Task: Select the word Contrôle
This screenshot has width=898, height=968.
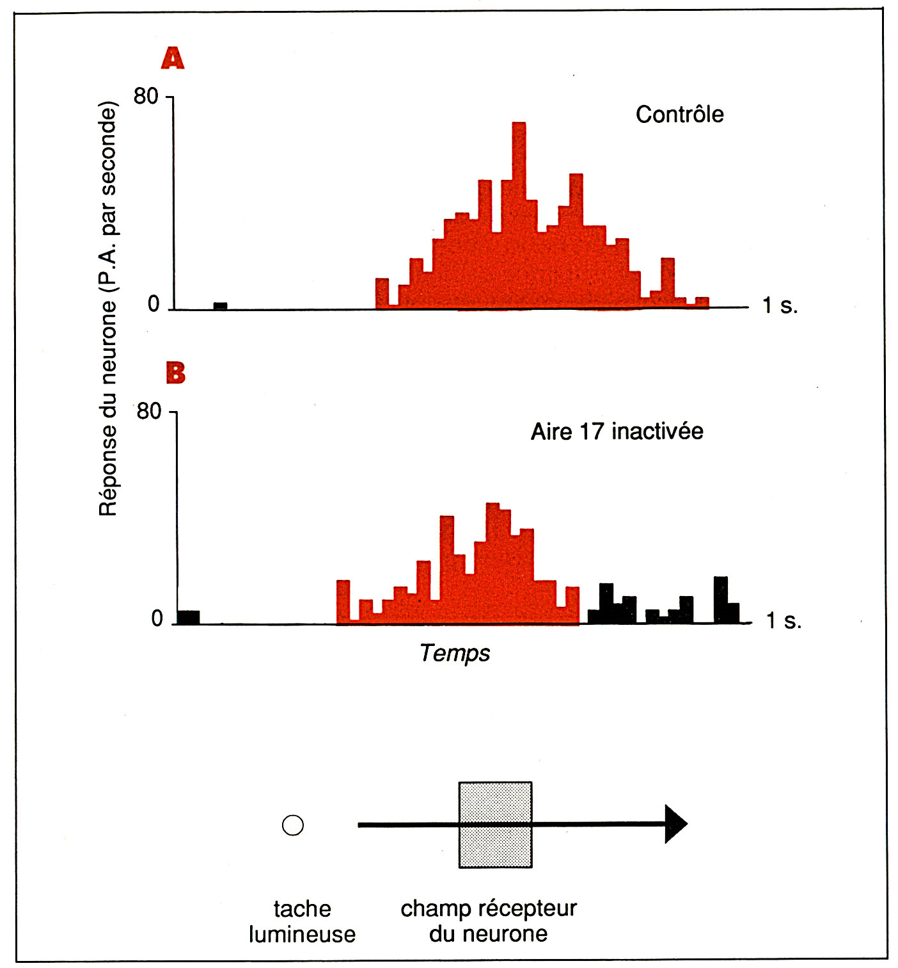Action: coord(679,115)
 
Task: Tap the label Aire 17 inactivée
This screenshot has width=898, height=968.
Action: coord(617,432)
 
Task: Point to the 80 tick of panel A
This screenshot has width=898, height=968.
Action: coord(146,97)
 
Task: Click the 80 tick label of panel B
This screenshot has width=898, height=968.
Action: coord(149,411)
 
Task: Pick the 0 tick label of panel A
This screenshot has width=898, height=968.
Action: coord(154,304)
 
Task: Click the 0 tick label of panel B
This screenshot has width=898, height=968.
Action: coord(157,618)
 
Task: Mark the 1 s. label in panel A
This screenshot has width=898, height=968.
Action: coord(780,306)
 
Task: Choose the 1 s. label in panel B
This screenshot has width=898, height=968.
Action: coord(784,620)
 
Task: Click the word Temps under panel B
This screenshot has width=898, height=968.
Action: coord(455,653)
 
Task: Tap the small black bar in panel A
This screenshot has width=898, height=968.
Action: coord(220,306)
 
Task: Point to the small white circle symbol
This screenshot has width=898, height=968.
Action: coord(293,825)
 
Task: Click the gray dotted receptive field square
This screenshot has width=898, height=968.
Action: coord(495,825)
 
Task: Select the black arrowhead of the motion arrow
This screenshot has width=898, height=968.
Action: coord(675,824)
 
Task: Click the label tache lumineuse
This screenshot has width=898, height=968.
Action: coord(302,921)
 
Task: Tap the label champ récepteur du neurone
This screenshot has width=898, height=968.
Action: coord(489,921)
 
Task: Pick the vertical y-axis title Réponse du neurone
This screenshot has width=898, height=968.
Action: coord(108,307)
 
